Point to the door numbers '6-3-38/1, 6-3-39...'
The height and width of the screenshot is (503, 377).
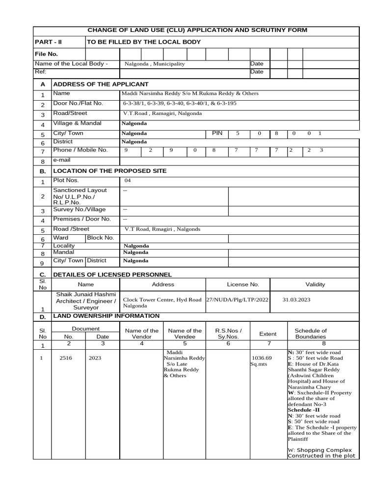coord(179,104)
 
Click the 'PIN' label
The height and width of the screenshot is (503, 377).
coord(217,133)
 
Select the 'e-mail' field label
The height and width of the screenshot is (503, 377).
coord(62,160)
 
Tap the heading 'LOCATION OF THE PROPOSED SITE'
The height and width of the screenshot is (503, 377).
coord(109,171)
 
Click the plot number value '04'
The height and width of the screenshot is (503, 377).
coord(128,181)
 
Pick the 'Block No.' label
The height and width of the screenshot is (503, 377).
coord(101,238)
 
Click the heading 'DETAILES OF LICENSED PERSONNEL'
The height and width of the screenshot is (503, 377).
coord(112,274)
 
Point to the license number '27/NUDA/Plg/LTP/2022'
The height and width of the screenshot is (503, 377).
coord(238,299)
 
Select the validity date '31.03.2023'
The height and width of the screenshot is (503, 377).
coord(297,299)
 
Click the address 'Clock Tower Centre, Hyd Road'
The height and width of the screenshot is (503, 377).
coord(162,299)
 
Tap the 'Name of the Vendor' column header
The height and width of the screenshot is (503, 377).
coord(142,334)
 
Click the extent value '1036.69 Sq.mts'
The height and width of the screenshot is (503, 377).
coord(261,361)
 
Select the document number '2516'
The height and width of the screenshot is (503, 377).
coord(66,358)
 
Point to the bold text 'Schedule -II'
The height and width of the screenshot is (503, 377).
coord(303,410)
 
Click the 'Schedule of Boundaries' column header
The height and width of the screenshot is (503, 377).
coord(310,334)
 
